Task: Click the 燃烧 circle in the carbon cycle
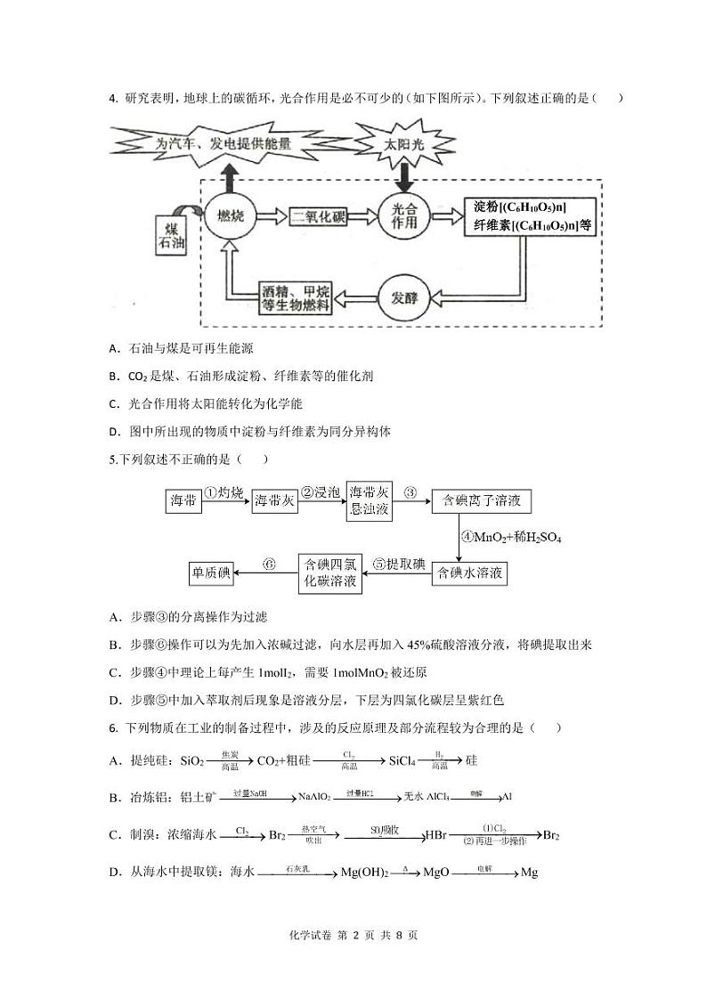click(x=230, y=216)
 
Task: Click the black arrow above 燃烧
click(x=230, y=177)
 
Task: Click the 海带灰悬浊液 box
click(x=369, y=501)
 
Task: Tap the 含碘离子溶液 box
click(x=481, y=501)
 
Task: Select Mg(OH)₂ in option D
click(x=365, y=873)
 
